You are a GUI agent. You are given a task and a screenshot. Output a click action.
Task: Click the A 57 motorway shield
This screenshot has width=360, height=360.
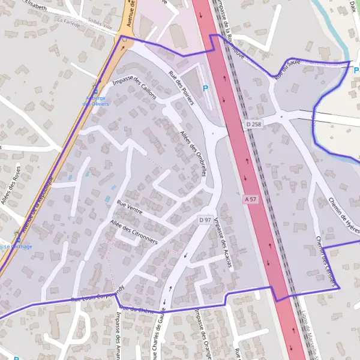coord(250,199)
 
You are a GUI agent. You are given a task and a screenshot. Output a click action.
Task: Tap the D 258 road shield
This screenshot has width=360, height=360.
coord(254,124)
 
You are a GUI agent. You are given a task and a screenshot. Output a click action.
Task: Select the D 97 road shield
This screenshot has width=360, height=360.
coord(205,220)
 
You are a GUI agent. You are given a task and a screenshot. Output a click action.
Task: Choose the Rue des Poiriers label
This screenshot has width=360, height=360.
coord(181,88)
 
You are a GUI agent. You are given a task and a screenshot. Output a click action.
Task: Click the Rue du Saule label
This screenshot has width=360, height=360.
coord(287,69)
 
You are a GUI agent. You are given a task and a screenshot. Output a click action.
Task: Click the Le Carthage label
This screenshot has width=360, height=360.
coord(18,246)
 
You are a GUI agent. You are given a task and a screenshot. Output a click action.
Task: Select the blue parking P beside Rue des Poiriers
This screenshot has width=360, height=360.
coord(205,88)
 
